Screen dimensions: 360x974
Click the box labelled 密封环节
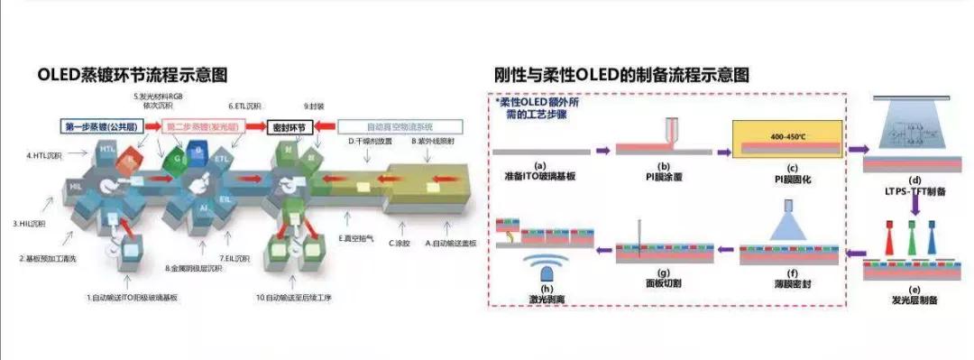click(290, 127)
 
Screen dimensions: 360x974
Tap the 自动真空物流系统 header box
click(399, 127)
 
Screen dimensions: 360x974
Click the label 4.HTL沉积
click(41, 156)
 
